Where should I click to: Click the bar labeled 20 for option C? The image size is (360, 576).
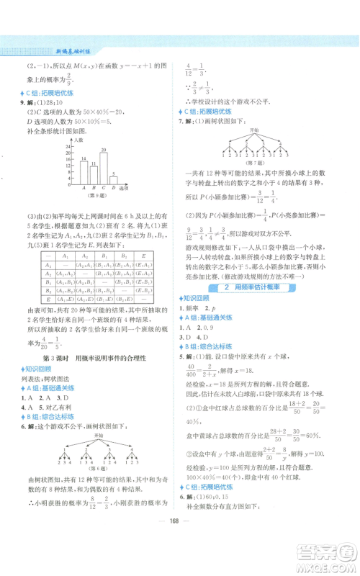pos(104,168)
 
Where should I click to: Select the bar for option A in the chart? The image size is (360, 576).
pos(84,173)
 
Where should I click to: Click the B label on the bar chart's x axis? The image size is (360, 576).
pos(94,189)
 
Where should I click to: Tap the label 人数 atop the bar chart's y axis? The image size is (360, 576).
pos(81,139)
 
